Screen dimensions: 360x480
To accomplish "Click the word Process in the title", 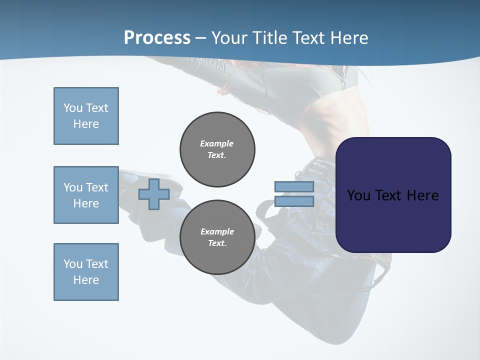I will coord(157,38).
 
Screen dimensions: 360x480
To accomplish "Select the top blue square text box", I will coord(86,116).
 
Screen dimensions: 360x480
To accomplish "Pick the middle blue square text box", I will coord(86,195).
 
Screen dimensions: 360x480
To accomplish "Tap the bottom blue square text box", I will coord(86,272).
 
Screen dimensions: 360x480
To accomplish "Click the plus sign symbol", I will coord(154,194).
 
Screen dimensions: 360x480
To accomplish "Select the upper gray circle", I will coord(217,149).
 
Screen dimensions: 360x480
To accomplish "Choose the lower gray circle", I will coord(217,237).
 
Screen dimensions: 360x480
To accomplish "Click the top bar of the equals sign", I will coord(294,186).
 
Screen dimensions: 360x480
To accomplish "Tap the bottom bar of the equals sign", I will coord(294,201).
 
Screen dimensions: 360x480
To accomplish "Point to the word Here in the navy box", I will coord(422,195).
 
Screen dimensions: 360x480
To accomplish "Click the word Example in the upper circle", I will coord(217,143).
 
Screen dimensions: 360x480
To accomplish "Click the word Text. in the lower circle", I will coord(217,243).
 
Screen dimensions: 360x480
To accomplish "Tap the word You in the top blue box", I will coord(73,108).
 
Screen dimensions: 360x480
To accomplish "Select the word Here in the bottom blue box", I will coord(86,280).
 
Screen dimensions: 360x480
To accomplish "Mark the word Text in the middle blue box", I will coord(97,187).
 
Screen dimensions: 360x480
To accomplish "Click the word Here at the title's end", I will coord(349,38).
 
